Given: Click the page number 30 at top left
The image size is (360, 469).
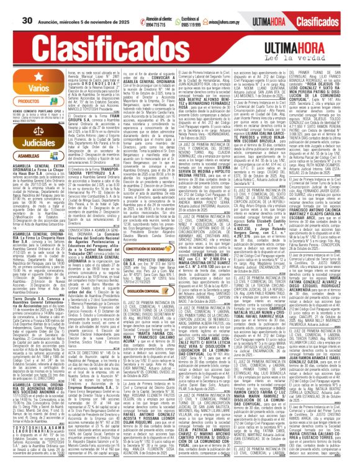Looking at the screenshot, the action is [x=9, y=5].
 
